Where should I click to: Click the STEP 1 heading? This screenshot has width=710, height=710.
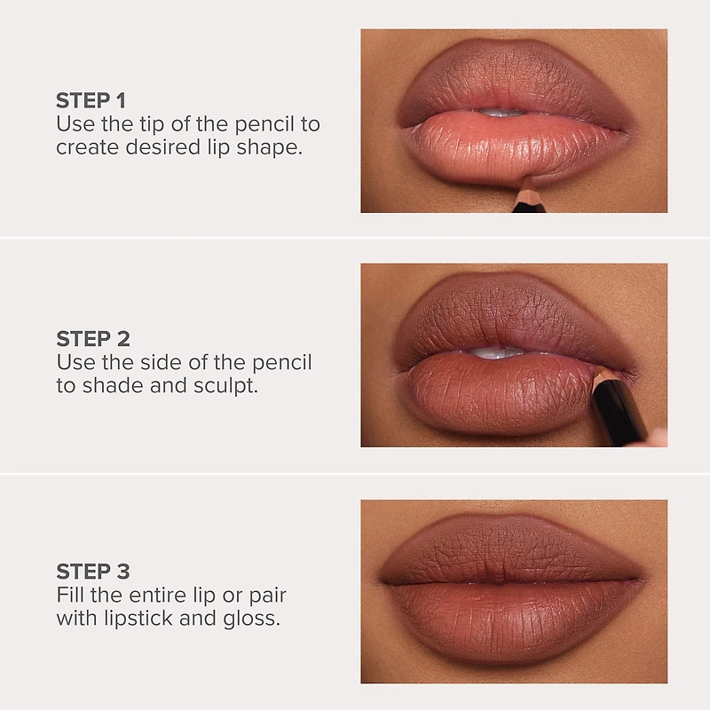coord(92,100)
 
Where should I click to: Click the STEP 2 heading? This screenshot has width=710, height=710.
coord(93,338)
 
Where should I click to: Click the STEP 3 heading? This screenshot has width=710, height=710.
coord(93,571)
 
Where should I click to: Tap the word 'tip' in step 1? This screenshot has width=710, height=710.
coord(146,124)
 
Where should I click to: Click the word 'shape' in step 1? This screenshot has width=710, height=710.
coord(272,147)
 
